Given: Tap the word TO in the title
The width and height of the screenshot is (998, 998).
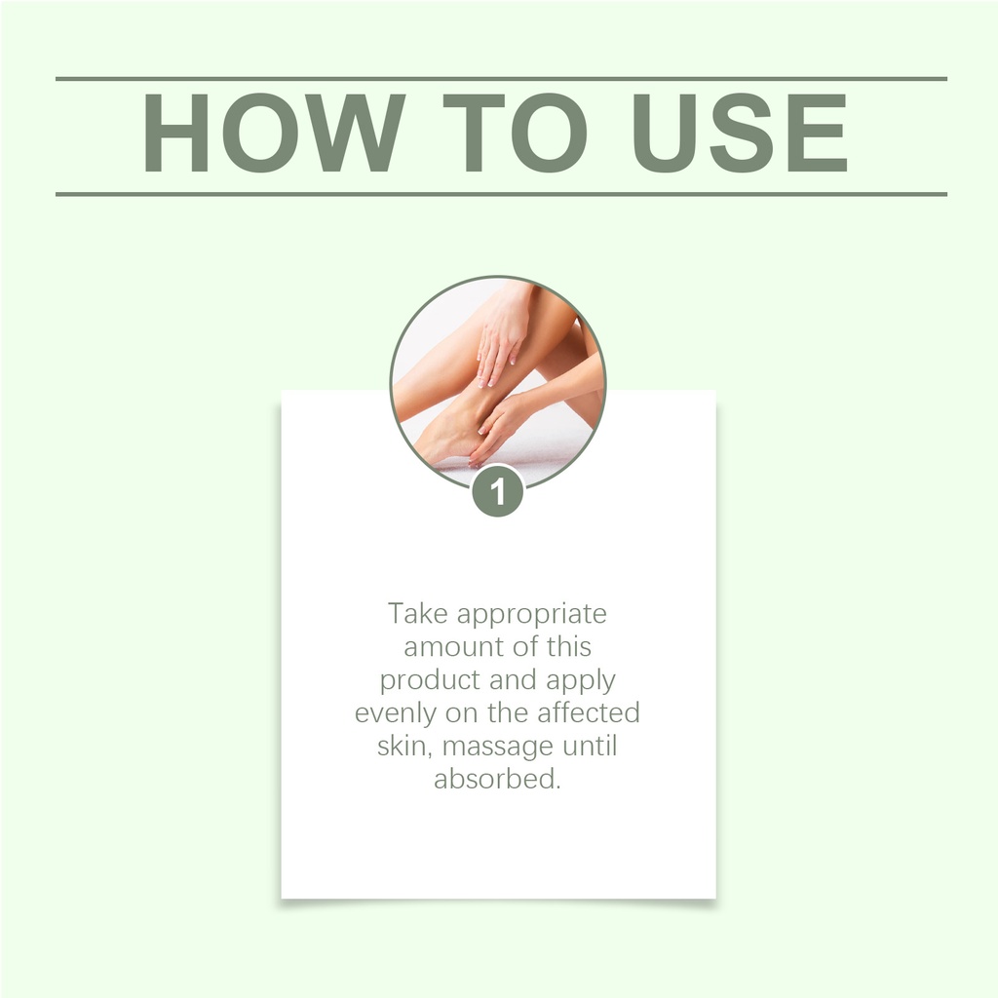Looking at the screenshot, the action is click(515, 133).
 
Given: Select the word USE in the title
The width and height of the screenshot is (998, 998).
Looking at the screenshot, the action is click(739, 133).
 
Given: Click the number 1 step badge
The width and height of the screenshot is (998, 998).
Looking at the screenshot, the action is click(498, 491).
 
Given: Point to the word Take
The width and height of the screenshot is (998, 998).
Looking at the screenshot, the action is click(419, 614).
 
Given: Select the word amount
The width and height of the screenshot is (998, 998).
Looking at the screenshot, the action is click(454, 647).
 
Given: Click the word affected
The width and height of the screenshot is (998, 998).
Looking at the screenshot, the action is click(589, 712).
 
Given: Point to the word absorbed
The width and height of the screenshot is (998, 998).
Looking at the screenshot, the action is click(497, 779).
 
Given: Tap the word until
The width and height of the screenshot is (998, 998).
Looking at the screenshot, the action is click(590, 746).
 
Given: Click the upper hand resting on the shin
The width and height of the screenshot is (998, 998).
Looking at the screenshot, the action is click(503, 334).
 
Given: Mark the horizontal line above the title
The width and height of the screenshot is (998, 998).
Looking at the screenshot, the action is click(502, 79).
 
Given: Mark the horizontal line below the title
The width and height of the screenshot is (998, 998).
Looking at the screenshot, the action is click(502, 194).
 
